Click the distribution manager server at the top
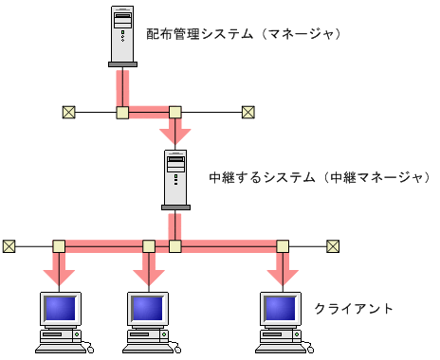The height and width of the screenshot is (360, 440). tap(122, 37)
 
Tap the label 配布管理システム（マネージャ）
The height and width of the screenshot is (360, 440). tap(243, 34)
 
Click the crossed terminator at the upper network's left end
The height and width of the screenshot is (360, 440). tap(68, 112)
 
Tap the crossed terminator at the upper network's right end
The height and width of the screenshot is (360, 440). tap(247, 112)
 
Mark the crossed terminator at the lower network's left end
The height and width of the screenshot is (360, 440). tap(9, 246)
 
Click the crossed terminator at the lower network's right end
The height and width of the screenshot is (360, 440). tap(333, 246)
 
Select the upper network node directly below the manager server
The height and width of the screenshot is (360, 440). tap(122, 112)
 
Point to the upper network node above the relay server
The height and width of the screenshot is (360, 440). tap(174, 112)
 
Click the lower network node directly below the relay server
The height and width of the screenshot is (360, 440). tap(174, 246)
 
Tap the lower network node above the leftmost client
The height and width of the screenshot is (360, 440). tap(60, 246)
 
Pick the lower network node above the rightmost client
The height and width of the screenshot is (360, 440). tap(282, 246)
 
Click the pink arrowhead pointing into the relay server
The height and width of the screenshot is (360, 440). tap(174, 135)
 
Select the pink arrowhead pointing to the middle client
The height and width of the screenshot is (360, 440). tap(148, 279)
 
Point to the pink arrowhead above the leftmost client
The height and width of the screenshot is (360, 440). tap(60, 279)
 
